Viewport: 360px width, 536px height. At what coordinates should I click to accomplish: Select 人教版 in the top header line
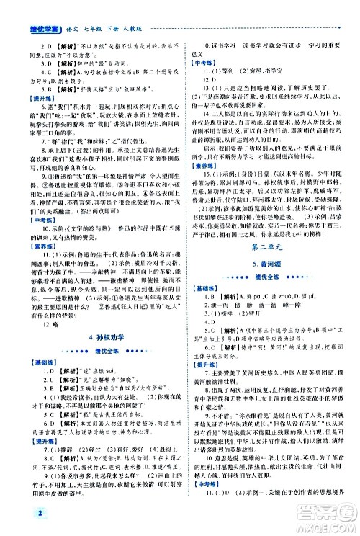point(134,10)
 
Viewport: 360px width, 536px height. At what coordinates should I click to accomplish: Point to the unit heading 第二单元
point(266,247)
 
